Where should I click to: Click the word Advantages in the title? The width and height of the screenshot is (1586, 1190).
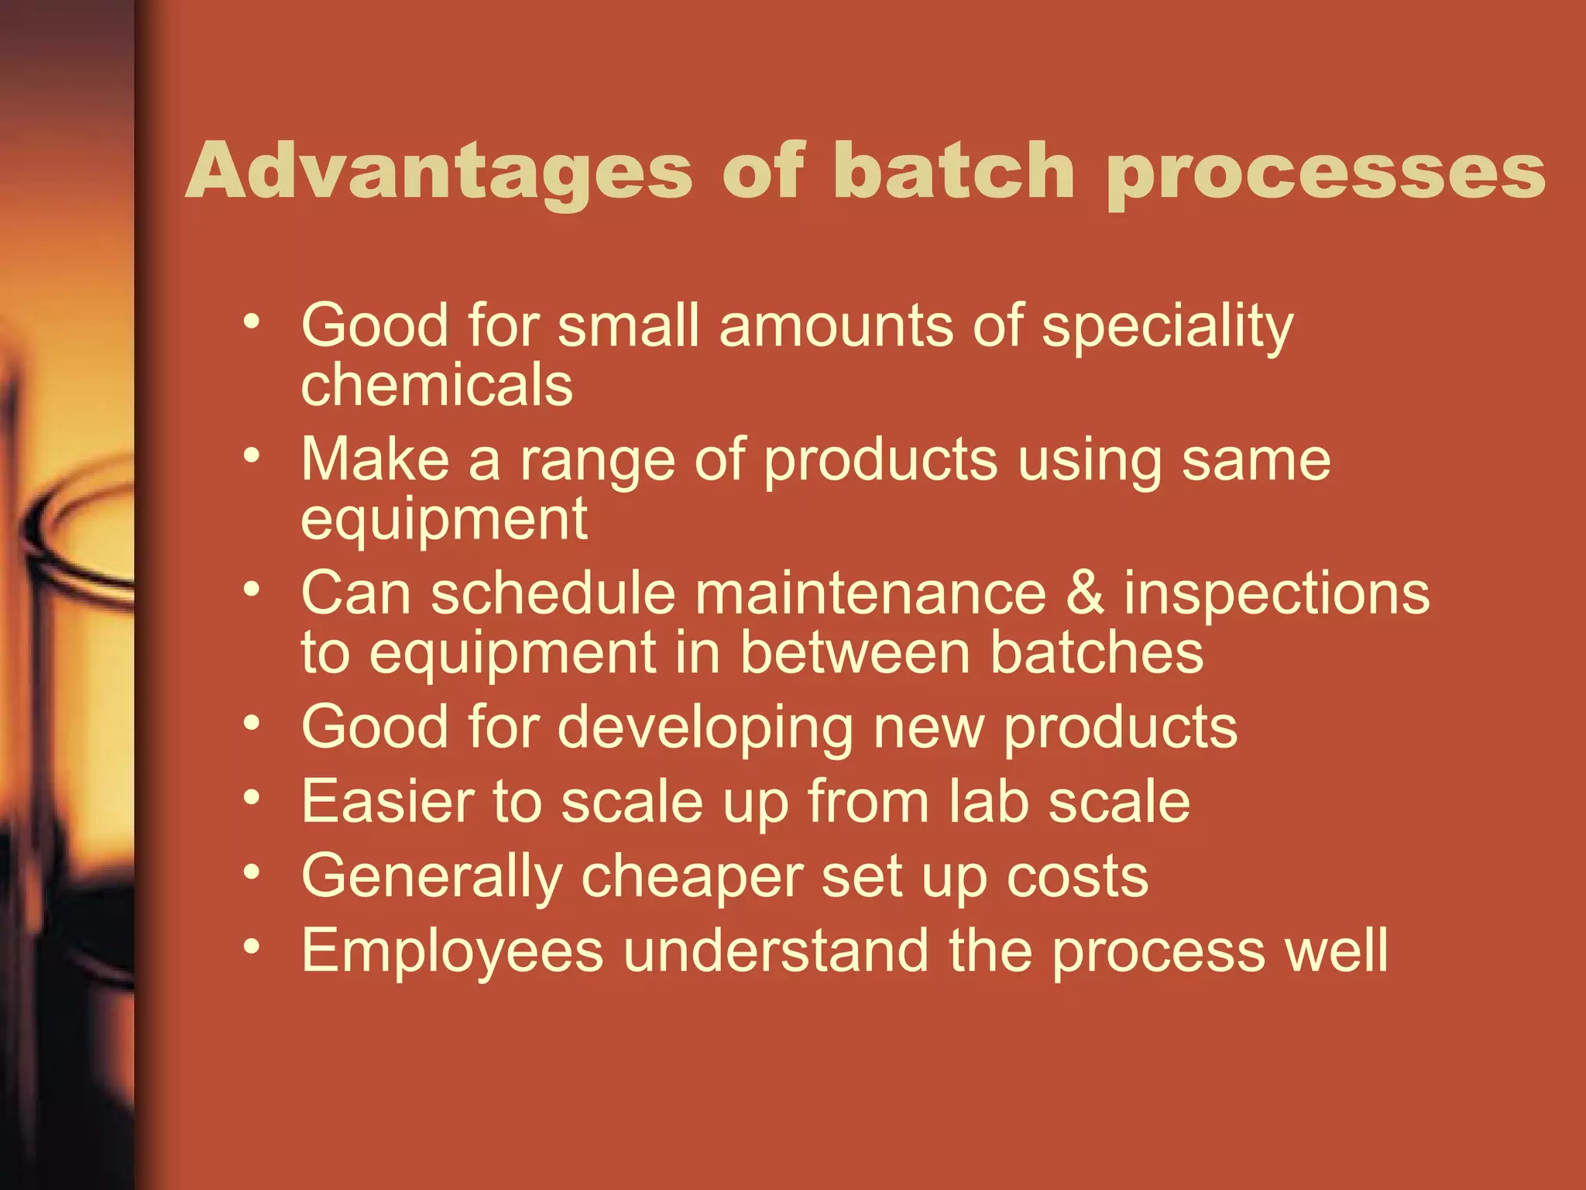(x=438, y=172)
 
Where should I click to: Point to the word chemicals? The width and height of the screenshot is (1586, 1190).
(x=437, y=385)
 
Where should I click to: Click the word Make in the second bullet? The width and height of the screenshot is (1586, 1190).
(x=375, y=459)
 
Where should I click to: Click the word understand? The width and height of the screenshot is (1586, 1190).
(x=776, y=951)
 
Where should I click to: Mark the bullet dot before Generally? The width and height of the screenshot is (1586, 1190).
(x=251, y=872)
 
